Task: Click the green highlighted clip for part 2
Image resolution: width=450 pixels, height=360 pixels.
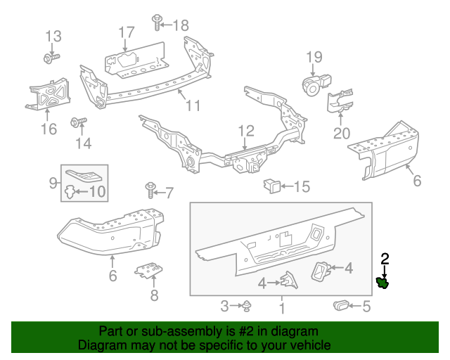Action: click(x=383, y=283)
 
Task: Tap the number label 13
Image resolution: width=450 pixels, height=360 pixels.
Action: click(x=53, y=36)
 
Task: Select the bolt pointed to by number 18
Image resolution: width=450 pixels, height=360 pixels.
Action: click(x=156, y=26)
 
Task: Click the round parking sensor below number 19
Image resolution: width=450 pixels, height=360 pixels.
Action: click(x=311, y=85)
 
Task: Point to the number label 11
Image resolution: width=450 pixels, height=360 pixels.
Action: click(x=193, y=106)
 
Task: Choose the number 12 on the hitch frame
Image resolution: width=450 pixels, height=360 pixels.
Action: click(x=245, y=131)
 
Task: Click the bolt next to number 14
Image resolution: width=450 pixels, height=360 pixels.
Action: click(x=77, y=124)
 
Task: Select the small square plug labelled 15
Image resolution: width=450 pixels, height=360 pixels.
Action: click(x=271, y=186)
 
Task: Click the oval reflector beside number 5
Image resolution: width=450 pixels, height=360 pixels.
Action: click(x=342, y=305)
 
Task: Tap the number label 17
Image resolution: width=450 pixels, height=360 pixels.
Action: click(x=126, y=32)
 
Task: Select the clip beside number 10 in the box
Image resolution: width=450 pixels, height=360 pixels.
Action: click(x=70, y=191)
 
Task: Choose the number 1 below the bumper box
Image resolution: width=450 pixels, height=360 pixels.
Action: click(x=281, y=307)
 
